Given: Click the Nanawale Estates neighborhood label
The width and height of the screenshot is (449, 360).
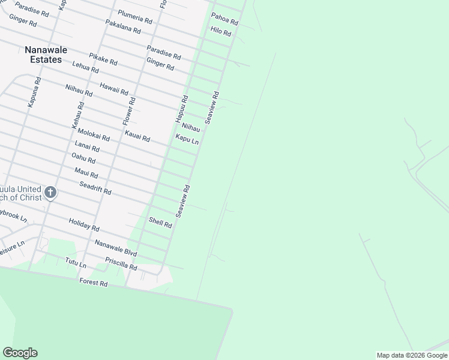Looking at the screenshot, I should pyautogui.click(x=43, y=55).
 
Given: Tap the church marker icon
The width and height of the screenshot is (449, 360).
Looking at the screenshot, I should pyautogui.click(x=50, y=193).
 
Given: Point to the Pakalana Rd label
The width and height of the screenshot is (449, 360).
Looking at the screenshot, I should pyautogui.click(x=122, y=26).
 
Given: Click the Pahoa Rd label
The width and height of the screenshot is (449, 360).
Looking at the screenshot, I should pyautogui.click(x=224, y=19).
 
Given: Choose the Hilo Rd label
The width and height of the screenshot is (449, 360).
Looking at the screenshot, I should pyautogui.click(x=221, y=32).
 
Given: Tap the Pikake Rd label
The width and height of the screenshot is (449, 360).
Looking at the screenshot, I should pyautogui.click(x=103, y=59).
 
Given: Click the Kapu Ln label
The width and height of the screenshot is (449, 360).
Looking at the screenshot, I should pyautogui.click(x=187, y=139).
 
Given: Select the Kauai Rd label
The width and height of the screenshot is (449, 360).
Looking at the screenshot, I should pyautogui.click(x=137, y=136).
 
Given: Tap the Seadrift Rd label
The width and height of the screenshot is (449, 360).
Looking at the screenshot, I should pyautogui.click(x=95, y=188).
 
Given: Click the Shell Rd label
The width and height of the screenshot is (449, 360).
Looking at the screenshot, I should pyautogui.click(x=160, y=223).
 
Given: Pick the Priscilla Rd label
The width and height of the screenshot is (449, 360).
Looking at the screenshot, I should pyautogui.click(x=121, y=263).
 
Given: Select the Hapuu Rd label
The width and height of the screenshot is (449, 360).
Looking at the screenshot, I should pyautogui.click(x=182, y=109).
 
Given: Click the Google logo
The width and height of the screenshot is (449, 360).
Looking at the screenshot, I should pyautogui.click(x=20, y=353).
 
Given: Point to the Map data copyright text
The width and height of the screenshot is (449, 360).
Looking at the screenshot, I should pyautogui.click(x=412, y=355).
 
